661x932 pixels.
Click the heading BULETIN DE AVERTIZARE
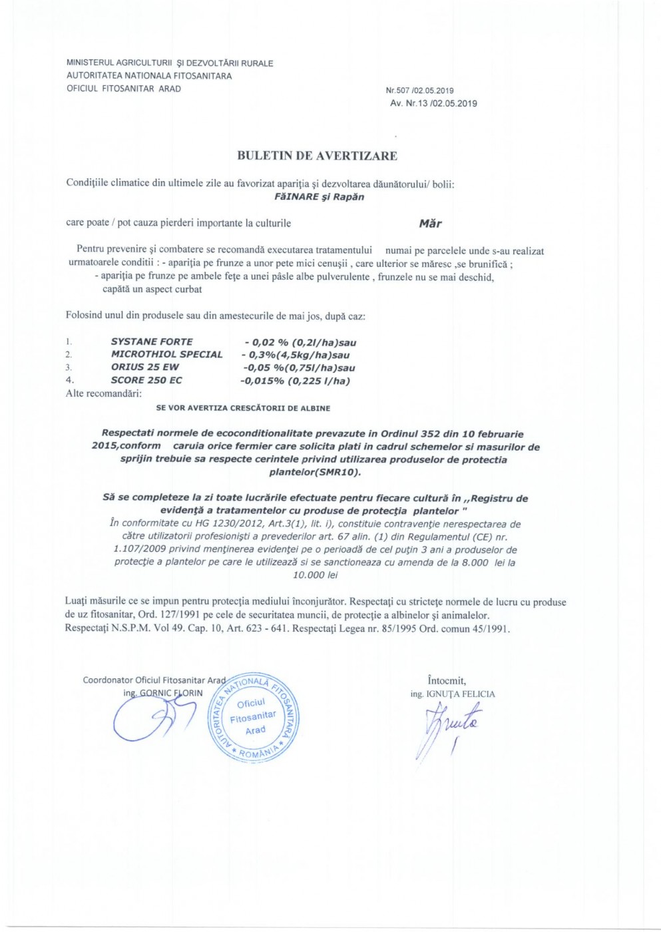(x=317, y=156)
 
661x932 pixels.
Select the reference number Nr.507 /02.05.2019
(x=419, y=91)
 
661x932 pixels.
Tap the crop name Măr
(x=430, y=224)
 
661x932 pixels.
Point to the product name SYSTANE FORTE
(x=152, y=342)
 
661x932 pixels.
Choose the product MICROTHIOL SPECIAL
(x=166, y=354)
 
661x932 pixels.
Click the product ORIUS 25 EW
(x=144, y=367)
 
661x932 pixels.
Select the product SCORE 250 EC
(x=146, y=380)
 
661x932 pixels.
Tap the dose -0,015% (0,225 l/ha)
(x=295, y=381)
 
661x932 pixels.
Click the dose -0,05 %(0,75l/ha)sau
(x=299, y=367)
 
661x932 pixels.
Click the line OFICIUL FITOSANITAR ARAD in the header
(x=124, y=89)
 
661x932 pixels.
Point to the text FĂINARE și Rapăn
(x=319, y=197)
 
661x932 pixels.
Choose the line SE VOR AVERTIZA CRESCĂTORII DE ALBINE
(x=243, y=408)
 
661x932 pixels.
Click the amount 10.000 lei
(x=316, y=575)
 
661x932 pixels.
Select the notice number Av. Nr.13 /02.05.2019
(x=433, y=103)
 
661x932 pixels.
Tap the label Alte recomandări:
(x=103, y=393)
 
